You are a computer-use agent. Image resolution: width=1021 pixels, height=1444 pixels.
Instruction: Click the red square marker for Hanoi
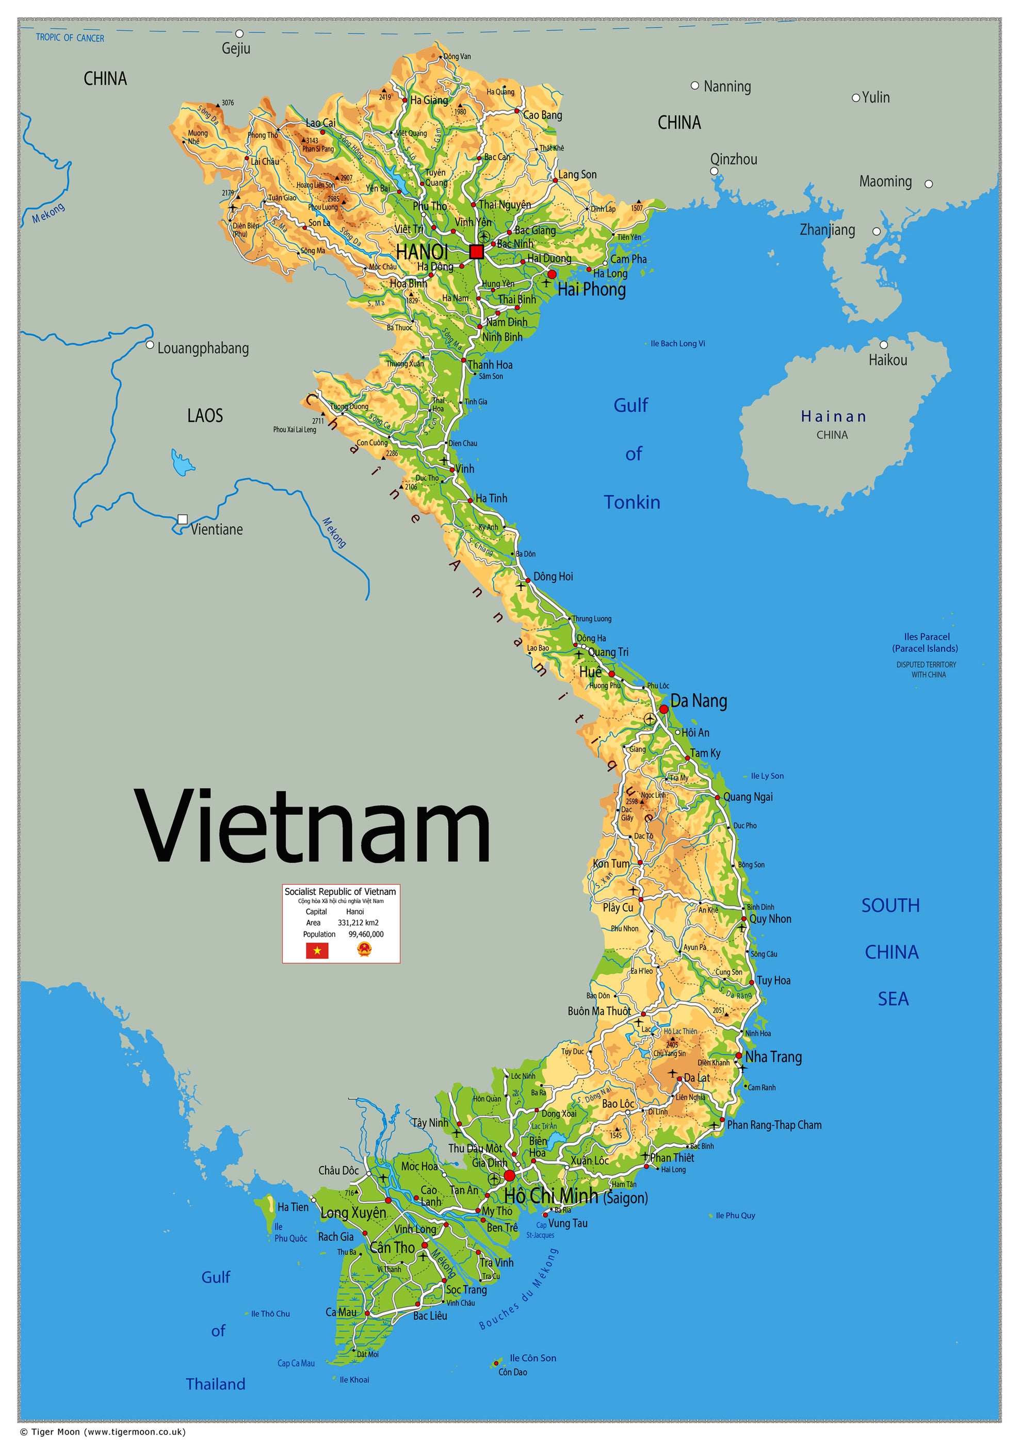click(x=476, y=252)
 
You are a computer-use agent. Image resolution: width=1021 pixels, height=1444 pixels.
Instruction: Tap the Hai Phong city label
click(x=591, y=289)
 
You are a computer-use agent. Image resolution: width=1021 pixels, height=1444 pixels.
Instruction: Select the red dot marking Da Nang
click(x=663, y=709)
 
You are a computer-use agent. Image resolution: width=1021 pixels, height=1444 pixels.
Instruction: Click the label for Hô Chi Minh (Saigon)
click(x=576, y=1196)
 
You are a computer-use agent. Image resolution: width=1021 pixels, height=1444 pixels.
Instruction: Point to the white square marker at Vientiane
click(x=183, y=519)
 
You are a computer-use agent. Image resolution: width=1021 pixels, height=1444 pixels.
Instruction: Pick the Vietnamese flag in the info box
click(x=317, y=950)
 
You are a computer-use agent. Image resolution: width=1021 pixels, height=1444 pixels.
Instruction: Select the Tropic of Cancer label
click(x=70, y=38)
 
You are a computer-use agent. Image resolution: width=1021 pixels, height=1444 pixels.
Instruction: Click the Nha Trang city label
click(x=773, y=1057)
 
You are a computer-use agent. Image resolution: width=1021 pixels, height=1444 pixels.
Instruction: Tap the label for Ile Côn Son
click(x=532, y=1358)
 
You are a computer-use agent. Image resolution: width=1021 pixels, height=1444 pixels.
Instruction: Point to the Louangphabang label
click(x=203, y=349)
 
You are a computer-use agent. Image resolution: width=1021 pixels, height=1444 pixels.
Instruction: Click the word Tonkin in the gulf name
click(x=631, y=502)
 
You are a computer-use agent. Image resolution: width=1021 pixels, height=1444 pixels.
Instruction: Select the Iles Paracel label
click(x=926, y=636)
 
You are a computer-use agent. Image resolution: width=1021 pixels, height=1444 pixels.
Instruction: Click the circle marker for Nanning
click(x=694, y=86)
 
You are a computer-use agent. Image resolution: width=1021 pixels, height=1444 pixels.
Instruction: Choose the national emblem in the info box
click(x=364, y=949)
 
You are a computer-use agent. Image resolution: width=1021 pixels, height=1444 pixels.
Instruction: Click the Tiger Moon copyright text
click(x=103, y=1432)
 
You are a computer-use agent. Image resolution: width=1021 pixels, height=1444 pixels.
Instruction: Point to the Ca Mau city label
click(x=341, y=1312)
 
